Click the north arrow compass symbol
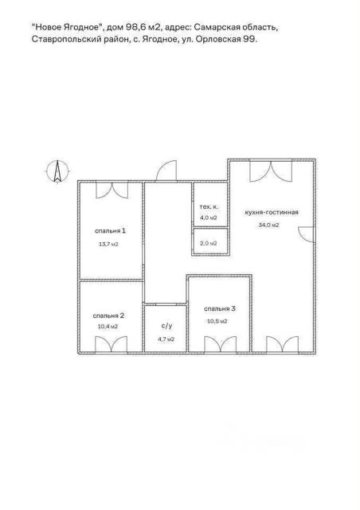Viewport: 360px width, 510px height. (57, 171)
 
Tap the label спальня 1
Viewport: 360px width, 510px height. (110, 231)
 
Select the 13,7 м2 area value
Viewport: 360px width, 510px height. (108, 245)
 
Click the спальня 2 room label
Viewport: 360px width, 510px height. (108, 316)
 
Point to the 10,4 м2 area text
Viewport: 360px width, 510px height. (108, 327)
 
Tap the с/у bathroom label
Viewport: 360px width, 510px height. (166, 326)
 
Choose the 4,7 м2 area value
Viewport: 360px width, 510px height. (166, 339)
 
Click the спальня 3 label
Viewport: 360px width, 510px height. (220, 308)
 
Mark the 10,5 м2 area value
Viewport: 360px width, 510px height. (217, 321)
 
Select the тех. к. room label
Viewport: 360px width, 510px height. (209, 207)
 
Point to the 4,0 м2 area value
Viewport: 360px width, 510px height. (209, 218)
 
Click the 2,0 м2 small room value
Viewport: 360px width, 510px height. (209, 243)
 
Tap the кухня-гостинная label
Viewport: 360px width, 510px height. (272, 213)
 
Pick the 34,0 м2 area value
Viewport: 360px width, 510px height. (268, 225)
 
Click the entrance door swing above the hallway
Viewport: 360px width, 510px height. (166, 171)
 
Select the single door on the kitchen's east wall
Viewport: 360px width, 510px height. (306, 234)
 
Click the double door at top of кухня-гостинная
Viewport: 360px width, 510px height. (271, 171)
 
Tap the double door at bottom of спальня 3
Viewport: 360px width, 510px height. (220, 344)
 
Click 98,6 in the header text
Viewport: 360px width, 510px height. (135, 27)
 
